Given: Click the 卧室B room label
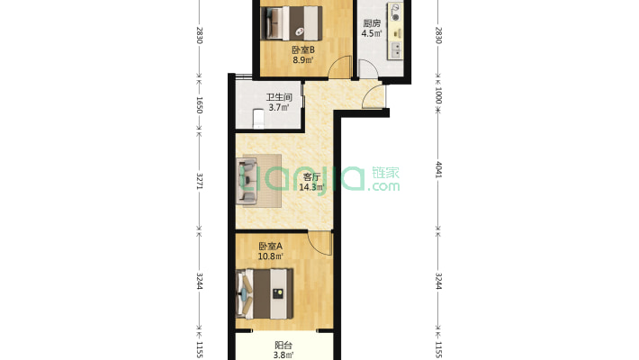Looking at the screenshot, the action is click(x=302, y=50).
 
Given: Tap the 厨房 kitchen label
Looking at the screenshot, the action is click(x=372, y=23).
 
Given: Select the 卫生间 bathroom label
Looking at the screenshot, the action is click(x=279, y=97).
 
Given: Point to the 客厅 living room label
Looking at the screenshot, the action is click(x=311, y=177).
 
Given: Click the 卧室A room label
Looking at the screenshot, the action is click(x=271, y=247).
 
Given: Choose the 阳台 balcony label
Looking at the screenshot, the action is click(x=283, y=346).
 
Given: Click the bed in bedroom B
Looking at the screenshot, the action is click(x=292, y=22).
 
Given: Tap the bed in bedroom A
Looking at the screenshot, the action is click(x=265, y=293).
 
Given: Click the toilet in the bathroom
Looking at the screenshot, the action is click(x=258, y=119).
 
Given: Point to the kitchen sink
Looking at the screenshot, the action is click(x=395, y=50).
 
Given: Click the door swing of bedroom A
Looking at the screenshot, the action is click(x=319, y=243).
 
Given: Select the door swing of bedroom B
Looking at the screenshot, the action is click(x=339, y=67).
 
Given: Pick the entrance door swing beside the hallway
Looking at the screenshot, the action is click(x=373, y=96).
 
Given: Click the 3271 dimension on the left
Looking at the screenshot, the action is click(x=200, y=181).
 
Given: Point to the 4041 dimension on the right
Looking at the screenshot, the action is click(x=438, y=169).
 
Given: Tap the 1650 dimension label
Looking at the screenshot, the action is click(x=200, y=104).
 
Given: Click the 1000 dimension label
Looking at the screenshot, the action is click(x=438, y=95).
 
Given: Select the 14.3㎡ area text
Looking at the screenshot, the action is click(x=311, y=187).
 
